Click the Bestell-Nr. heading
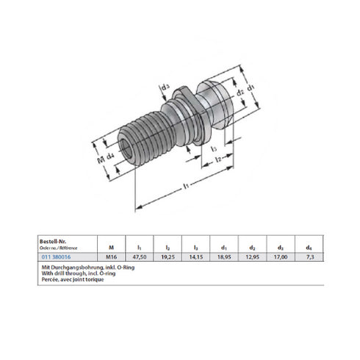53,240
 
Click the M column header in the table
111,248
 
